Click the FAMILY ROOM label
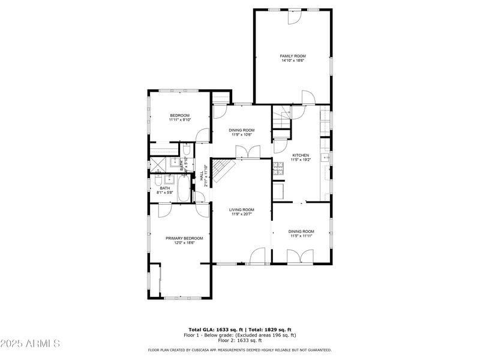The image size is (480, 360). click(293, 56)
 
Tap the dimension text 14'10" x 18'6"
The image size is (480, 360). click(293, 61)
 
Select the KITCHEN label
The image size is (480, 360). click(301, 155)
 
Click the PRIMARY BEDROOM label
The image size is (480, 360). click(184, 238)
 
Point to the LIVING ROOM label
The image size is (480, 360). click(241, 209)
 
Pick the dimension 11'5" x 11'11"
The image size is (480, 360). click(301, 236)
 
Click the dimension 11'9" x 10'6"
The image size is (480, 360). click(241, 134)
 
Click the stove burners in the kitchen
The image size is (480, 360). click(278, 169)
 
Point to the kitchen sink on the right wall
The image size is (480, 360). click(324, 158)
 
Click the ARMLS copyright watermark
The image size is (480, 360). click(30, 344)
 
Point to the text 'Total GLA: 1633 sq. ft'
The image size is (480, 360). click(215, 330)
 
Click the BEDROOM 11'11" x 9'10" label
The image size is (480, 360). click(179, 118)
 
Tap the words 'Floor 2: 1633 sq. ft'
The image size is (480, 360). click(240, 340)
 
